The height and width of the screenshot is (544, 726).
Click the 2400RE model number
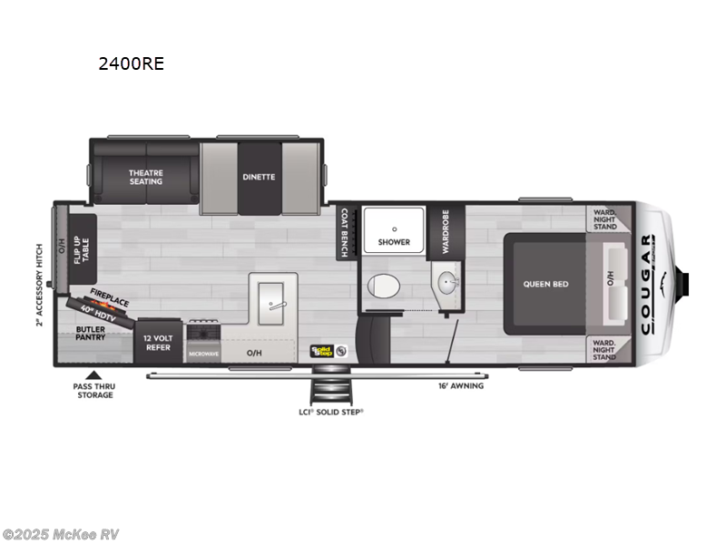click(x=132, y=64)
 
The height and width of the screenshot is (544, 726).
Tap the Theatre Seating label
click(x=145, y=177)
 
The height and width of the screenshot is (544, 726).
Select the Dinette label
click(x=259, y=177)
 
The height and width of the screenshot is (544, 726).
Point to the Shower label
click(x=394, y=242)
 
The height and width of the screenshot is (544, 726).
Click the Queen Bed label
click(x=545, y=284)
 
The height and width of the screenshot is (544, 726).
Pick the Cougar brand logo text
click(x=647, y=284)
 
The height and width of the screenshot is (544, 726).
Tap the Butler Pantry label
click(x=91, y=332)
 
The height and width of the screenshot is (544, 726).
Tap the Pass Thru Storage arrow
click(x=92, y=374)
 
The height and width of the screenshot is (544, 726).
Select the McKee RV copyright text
click(x=61, y=534)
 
